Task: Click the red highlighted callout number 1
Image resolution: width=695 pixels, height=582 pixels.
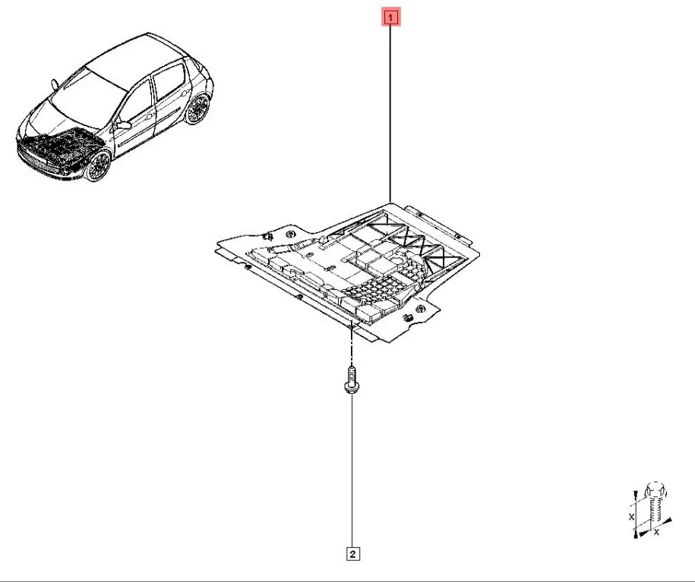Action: [390, 18]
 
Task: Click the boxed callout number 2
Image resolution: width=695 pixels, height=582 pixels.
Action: [352, 554]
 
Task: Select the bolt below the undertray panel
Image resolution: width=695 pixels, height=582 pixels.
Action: [351, 379]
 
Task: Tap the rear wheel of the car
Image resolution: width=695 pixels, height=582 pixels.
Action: [197, 109]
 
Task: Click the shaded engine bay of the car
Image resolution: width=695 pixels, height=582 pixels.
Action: [58, 149]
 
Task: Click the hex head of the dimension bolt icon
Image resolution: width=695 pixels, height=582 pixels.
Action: [656, 490]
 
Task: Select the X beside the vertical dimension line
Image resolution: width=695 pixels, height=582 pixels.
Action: [632, 517]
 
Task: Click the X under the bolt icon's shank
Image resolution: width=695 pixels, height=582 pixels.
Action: [656, 532]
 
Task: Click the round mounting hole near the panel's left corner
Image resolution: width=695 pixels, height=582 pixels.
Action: [291, 234]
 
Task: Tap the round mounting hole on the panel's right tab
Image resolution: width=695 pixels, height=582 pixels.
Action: [420, 308]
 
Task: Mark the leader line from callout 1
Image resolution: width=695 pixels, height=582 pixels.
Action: [390, 114]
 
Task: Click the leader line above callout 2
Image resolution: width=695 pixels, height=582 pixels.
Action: [352, 470]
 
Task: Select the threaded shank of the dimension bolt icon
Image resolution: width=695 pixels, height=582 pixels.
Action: [655, 513]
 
